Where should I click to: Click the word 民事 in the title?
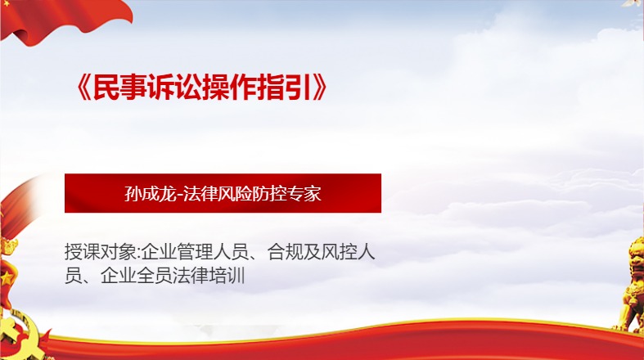point(120,87)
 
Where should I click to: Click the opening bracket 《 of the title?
point(83,88)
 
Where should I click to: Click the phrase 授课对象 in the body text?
point(100,252)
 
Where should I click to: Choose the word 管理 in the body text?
point(195,252)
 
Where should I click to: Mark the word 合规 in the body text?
point(285,252)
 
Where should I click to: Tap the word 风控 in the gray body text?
point(340,252)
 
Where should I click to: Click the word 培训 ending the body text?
point(227,276)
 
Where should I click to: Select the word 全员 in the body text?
point(155,276)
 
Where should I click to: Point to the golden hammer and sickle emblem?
point(21,336)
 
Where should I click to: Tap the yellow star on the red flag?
point(7,279)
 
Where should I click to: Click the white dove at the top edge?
point(633,3)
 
